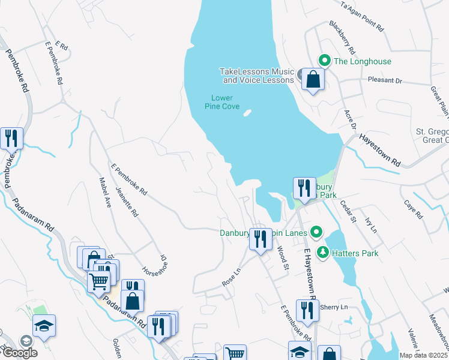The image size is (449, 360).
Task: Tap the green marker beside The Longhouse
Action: pos(325,61)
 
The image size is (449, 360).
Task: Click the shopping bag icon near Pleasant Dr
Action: pos(313,79)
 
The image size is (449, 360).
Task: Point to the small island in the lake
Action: pos(247,112)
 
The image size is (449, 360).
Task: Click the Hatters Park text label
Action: pos(356,253)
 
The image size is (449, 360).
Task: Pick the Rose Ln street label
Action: pos(231,275)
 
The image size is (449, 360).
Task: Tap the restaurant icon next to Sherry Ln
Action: pos(307,310)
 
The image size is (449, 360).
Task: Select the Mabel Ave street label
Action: pos(105,191)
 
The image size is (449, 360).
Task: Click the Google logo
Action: pos(19,353)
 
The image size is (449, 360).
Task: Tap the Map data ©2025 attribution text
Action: pos(423,355)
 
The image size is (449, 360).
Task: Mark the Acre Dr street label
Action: pos(350,118)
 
